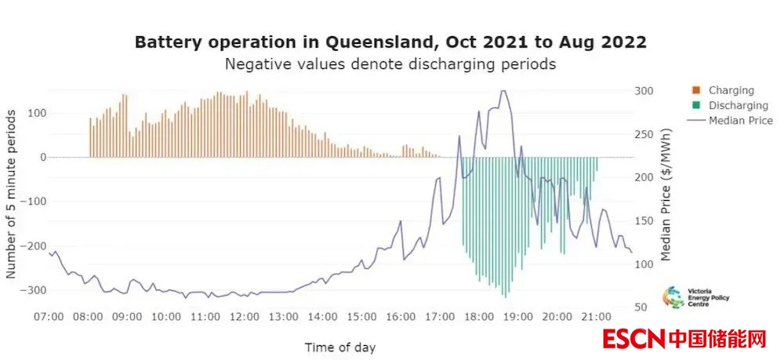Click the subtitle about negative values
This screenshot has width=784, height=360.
point(390,64)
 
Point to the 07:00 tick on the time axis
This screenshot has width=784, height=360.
point(49,317)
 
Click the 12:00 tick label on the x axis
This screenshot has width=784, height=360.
point(244,317)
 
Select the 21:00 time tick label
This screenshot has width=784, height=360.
point(596,317)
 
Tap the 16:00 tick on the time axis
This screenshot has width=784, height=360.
point(401,317)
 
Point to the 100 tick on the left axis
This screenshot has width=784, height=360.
point(36,113)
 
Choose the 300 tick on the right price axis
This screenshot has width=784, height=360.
point(643,91)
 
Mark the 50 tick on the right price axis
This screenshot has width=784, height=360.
point(640,307)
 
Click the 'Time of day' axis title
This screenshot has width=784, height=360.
point(339,347)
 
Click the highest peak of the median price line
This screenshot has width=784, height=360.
point(503,90)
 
